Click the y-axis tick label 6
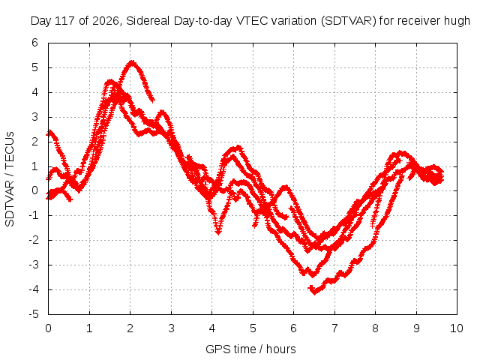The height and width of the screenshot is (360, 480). point(35,43)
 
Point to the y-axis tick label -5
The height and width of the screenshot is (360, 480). point(34,314)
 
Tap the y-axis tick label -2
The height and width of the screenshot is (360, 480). point(34,240)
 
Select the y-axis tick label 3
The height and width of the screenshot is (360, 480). point(35,117)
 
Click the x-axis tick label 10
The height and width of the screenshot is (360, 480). point(456,328)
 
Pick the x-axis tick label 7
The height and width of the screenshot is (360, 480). point(334,328)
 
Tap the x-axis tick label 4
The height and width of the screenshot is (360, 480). point(211,328)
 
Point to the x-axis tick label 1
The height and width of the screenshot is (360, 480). point(89,328)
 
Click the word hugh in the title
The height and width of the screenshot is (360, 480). point(457,21)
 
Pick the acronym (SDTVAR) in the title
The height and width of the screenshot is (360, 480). point(348,21)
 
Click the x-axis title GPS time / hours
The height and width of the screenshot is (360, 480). point(250,349)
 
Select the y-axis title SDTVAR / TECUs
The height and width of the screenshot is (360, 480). point(10,179)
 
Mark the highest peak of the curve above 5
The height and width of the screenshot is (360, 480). point(132,62)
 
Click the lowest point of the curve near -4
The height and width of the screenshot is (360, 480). point(314,292)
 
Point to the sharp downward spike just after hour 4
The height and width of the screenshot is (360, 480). point(218,232)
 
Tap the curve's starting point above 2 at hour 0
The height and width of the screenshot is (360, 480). point(49,132)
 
